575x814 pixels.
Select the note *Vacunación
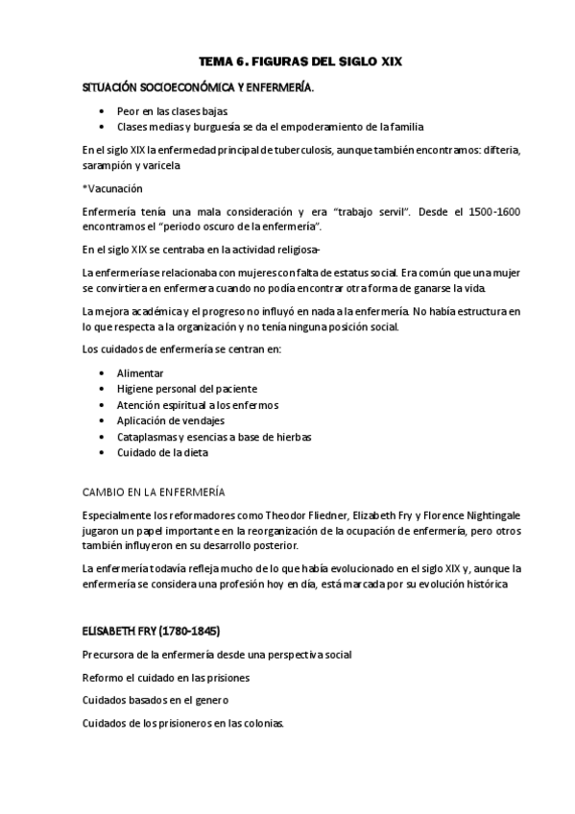coord(112,188)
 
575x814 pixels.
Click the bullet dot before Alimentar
coord(103,372)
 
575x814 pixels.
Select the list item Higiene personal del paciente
coord(187,389)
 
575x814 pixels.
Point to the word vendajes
coord(202,420)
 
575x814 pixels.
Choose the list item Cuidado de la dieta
coord(162,452)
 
